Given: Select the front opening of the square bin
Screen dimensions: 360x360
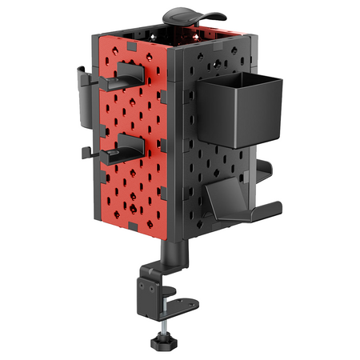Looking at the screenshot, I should pos(240,80).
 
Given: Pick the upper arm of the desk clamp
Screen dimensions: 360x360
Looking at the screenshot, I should pos(164,272).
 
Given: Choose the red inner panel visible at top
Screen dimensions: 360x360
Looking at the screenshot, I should pos(204,30).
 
